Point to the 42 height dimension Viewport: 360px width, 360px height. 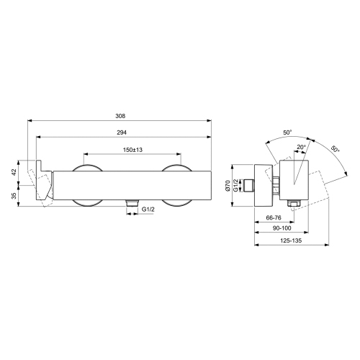23,173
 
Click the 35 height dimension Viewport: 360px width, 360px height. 23,195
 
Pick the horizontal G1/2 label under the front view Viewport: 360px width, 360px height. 150,209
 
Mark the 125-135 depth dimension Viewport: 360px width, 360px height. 292,243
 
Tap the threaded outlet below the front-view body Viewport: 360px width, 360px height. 130,204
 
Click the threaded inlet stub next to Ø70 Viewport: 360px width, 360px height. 252,186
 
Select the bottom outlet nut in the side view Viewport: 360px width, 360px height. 294,204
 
